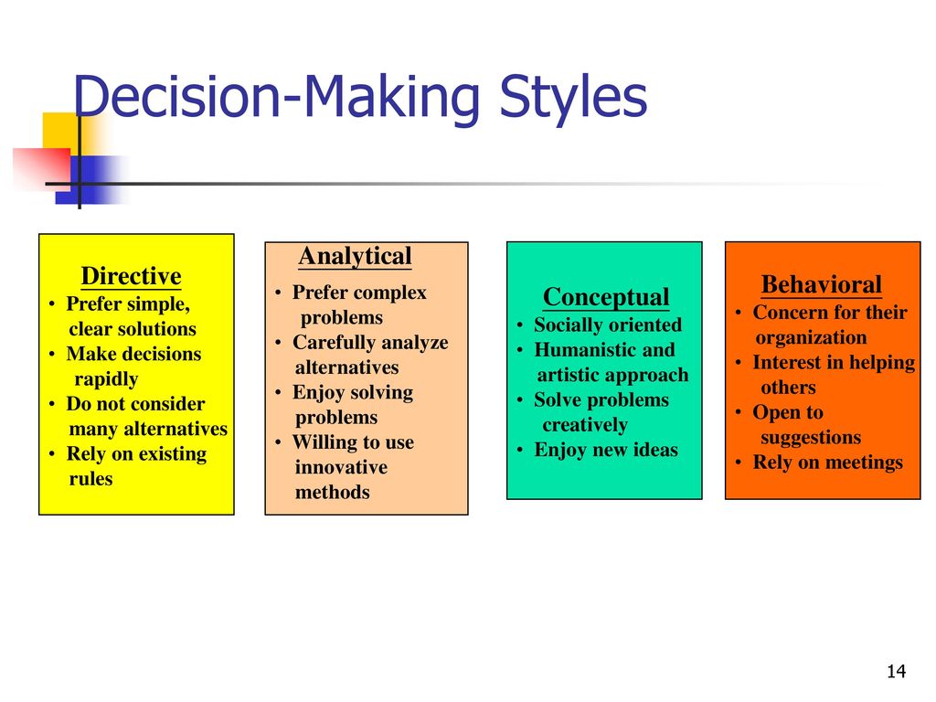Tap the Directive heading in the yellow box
pyautogui.click(x=132, y=276)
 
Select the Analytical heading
pyautogui.click(x=356, y=256)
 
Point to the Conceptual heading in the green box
pyautogui.click(x=607, y=297)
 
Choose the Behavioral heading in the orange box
pyautogui.click(x=822, y=284)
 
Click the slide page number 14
pyautogui.click(x=896, y=672)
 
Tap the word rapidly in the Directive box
pyautogui.click(x=106, y=379)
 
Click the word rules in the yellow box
pyautogui.click(x=90, y=479)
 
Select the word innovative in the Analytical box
pyautogui.click(x=341, y=467)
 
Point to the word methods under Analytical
pyautogui.click(x=333, y=492)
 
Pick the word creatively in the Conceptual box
pyautogui.click(x=585, y=425)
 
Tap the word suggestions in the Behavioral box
pyautogui.click(x=811, y=438)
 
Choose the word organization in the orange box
pyautogui.click(x=811, y=338)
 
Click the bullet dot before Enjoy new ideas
pyautogui.click(x=520, y=450)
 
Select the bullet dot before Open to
pyautogui.click(x=739, y=412)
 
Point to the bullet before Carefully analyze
pyautogui.click(x=278, y=343)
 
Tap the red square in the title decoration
pyautogui.click(x=43, y=168)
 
